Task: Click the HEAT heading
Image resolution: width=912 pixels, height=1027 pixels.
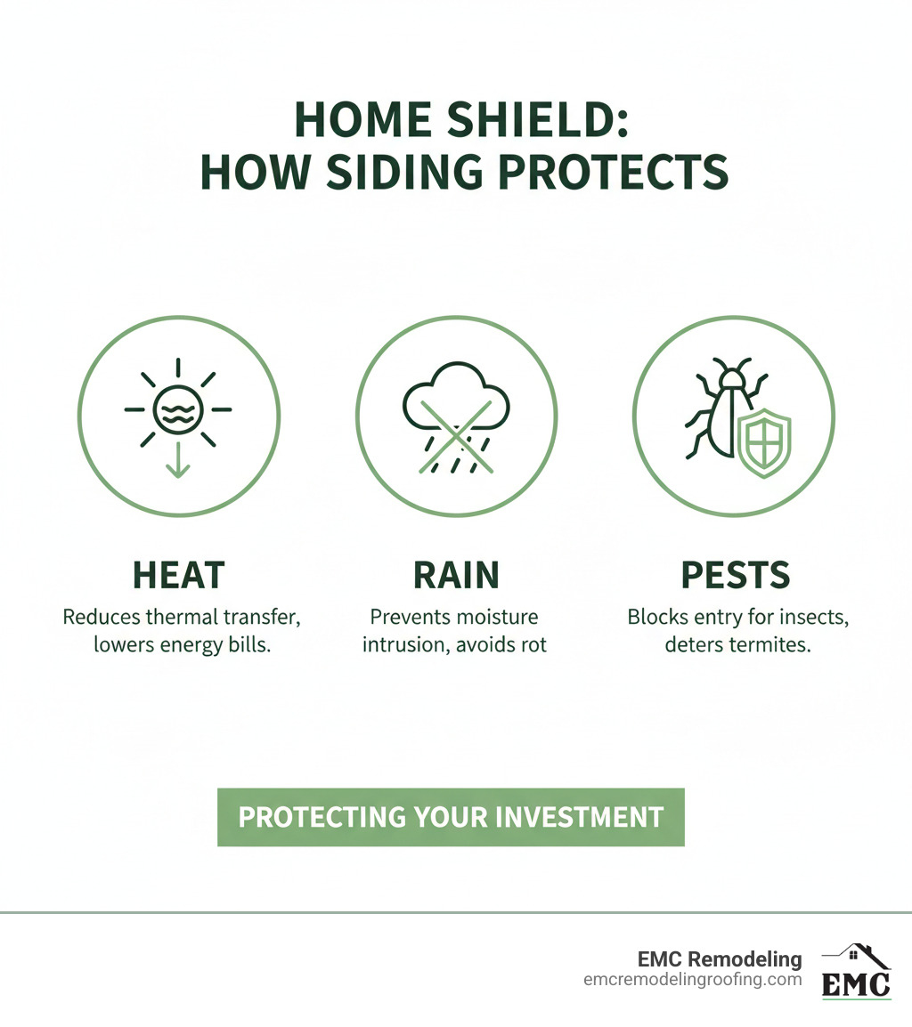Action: tap(178, 577)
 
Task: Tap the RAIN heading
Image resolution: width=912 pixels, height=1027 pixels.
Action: tap(456, 577)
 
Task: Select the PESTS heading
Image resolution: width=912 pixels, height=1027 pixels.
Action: tap(736, 577)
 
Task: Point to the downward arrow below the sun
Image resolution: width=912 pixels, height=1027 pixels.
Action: tap(178, 461)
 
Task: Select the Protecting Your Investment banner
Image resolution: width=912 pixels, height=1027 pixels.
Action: tap(451, 817)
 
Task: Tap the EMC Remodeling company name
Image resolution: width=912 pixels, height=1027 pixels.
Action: tap(720, 959)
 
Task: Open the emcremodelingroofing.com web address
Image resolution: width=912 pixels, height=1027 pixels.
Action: tap(693, 980)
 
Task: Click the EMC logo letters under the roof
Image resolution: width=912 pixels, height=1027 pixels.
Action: tap(855, 984)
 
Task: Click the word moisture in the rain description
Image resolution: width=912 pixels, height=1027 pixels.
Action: tap(499, 617)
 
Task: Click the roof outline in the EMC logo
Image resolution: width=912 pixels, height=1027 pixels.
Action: tap(857, 956)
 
